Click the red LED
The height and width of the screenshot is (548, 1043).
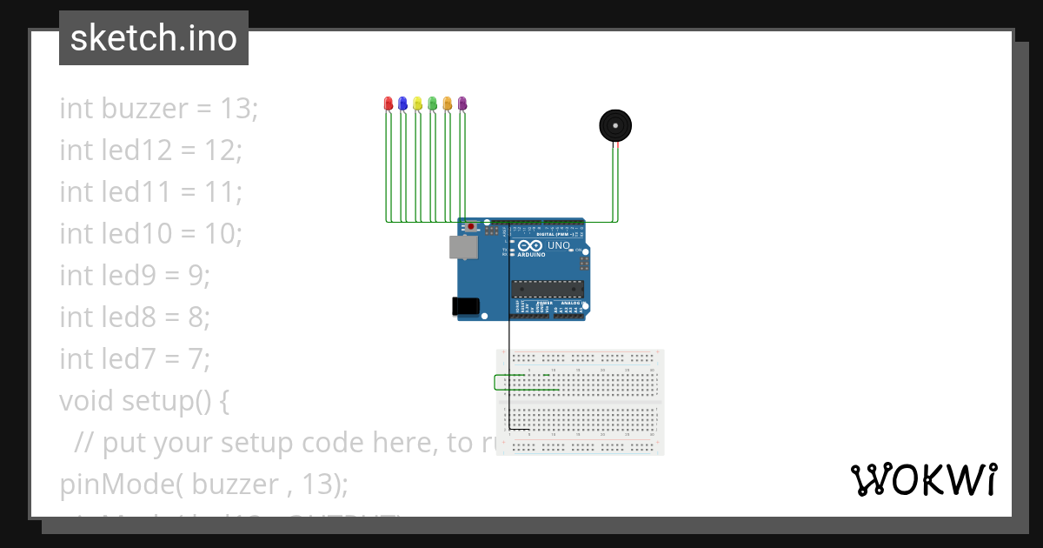point(389,104)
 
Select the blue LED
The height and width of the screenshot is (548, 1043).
point(402,104)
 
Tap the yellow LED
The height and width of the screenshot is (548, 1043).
point(417,104)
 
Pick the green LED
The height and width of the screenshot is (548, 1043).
point(432,104)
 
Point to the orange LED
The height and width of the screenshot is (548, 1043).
point(447,104)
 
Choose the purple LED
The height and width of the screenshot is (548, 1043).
point(462,104)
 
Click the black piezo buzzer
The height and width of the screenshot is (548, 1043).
point(615,126)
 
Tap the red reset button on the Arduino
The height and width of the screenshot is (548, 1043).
point(471,227)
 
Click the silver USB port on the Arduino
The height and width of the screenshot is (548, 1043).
point(463,247)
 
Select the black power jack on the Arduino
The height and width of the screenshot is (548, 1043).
point(465,306)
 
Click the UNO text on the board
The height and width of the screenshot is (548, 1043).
point(558,246)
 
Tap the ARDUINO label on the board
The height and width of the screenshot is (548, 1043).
point(531,255)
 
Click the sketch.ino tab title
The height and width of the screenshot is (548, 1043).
point(154,38)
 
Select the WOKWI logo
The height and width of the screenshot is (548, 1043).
point(924,479)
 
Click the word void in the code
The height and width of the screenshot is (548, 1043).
point(88,401)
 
